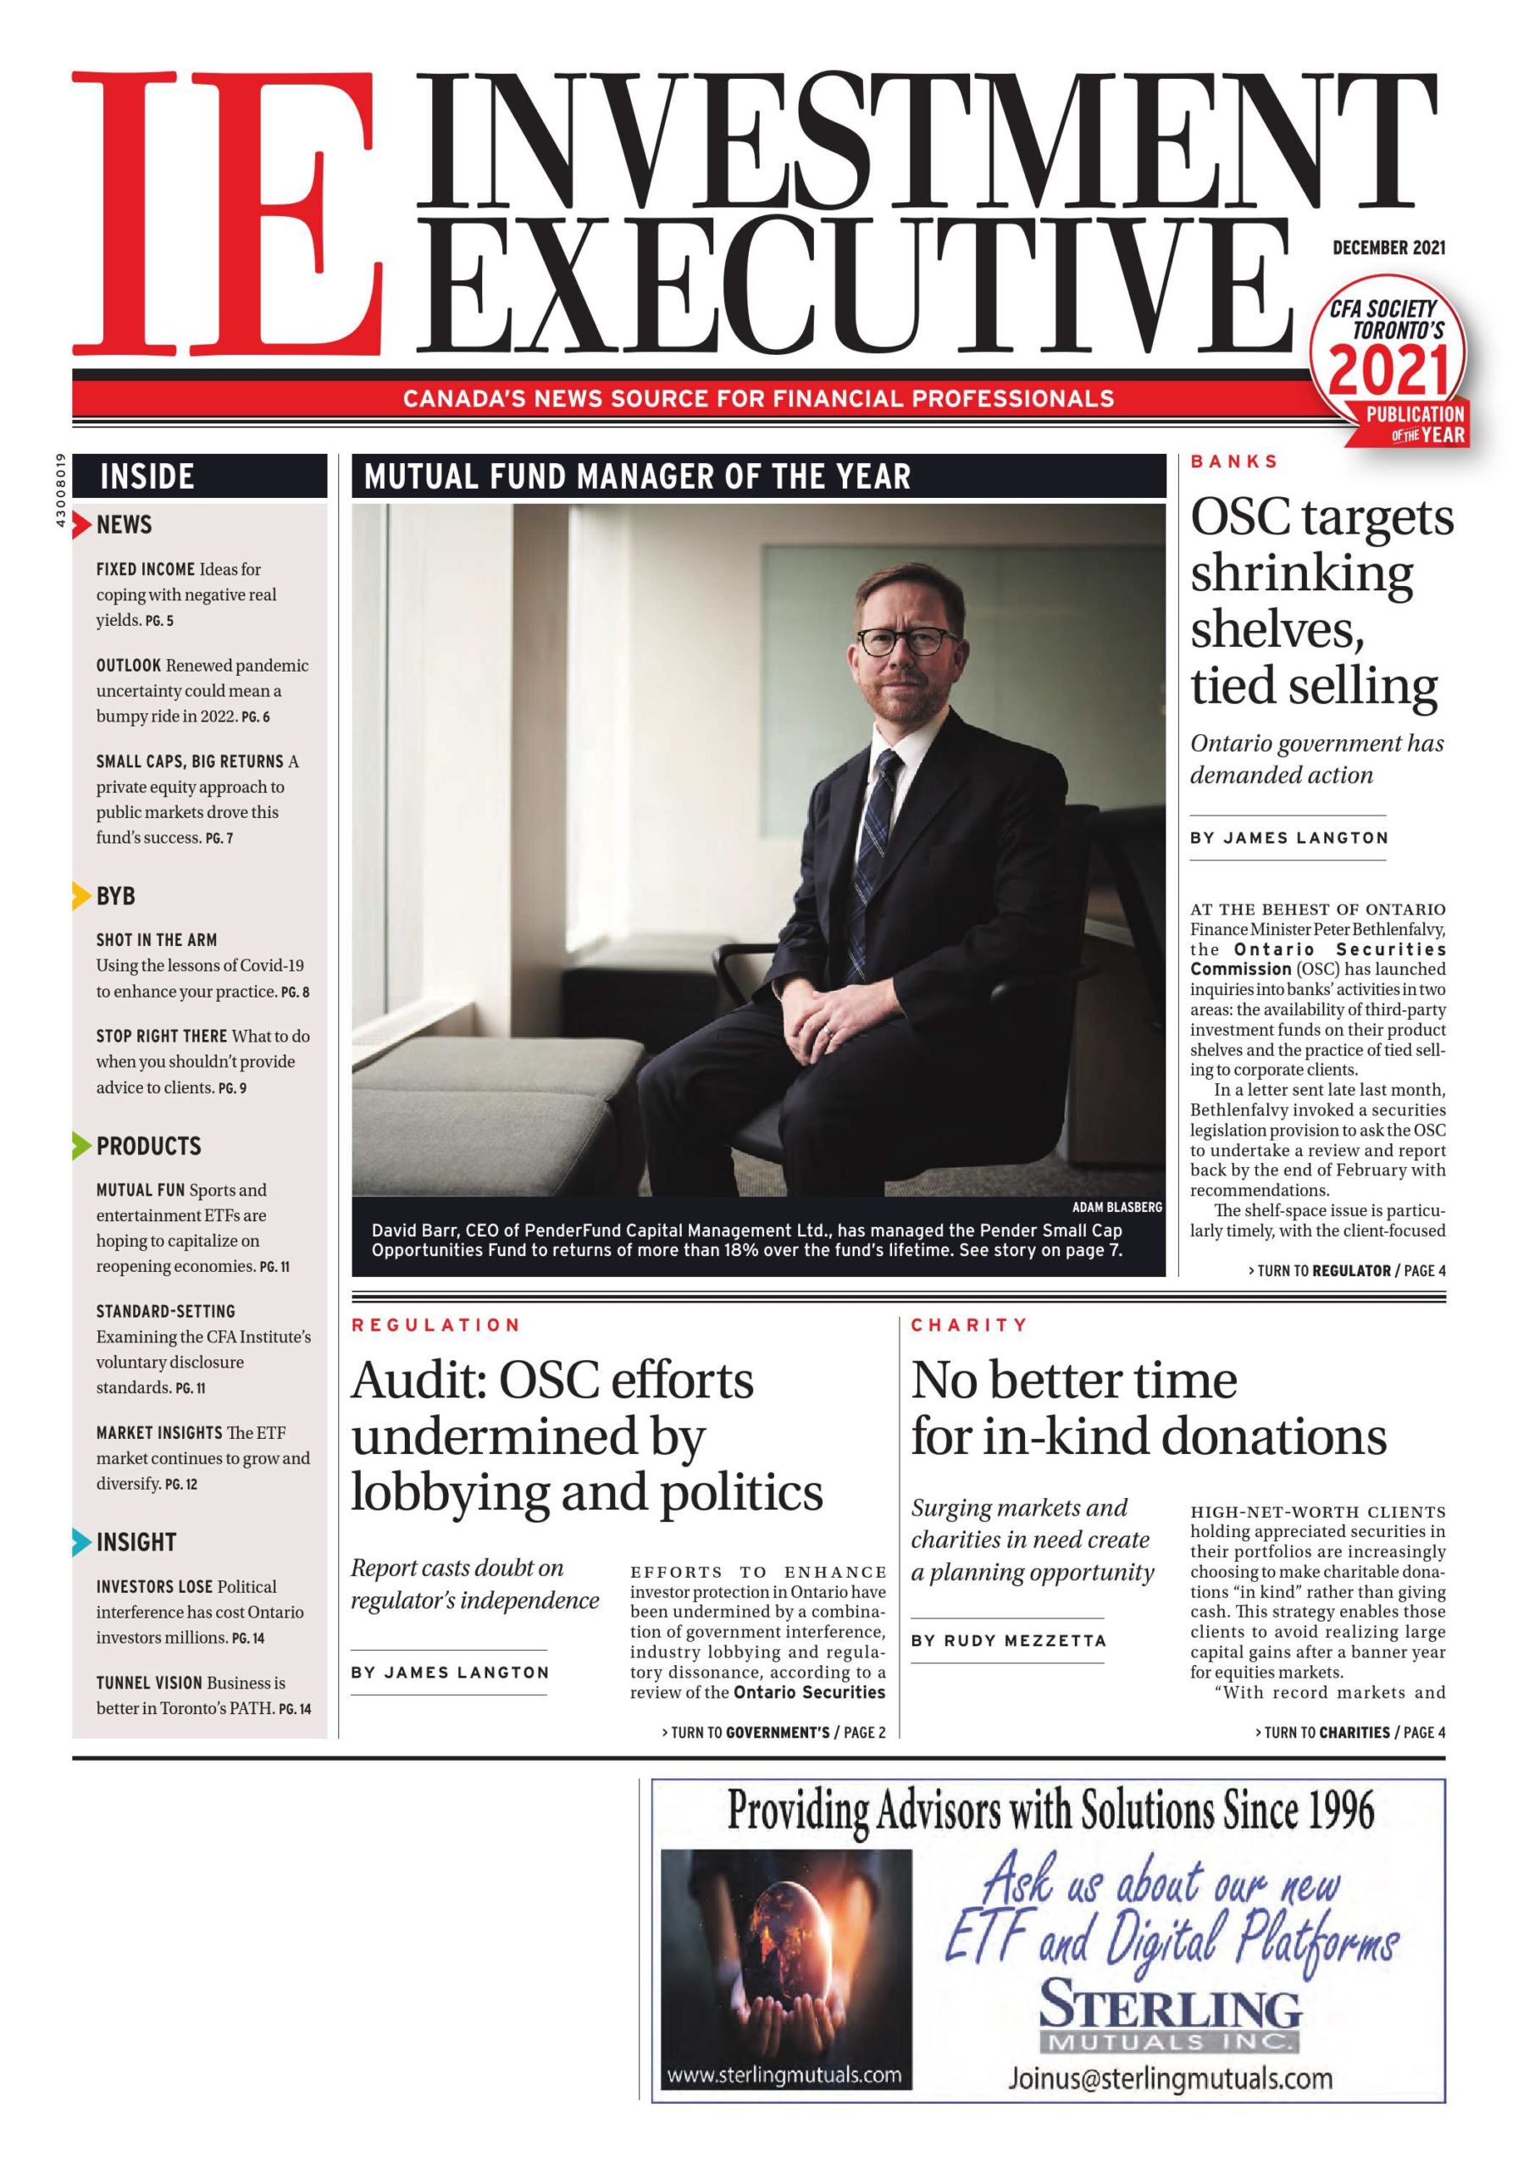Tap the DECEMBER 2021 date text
[x=1388, y=248]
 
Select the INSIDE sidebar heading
[x=147, y=476]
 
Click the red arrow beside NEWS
[x=82, y=524]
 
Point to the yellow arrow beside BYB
[x=81, y=895]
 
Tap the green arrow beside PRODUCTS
[x=81, y=1145]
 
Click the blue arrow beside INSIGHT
[x=81, y=1542]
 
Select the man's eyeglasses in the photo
[x=903, y=640]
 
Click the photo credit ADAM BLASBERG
[x=1116, y=1207]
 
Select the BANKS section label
[x=1233, y=462]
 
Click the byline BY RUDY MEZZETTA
[x=1008, y=1641]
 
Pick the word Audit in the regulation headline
[x=418, y=1380]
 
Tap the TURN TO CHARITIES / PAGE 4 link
[x=1349, y=1732]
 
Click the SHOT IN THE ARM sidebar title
[x=157, y=939]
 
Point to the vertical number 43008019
[x=60, y=491]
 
